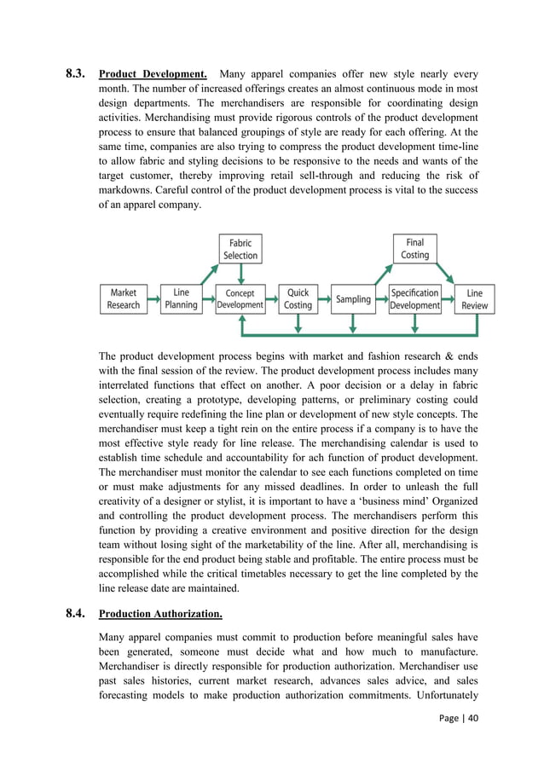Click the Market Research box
[x=124, y=298]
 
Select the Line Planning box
[x=181, y=298]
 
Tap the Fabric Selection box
[x=240, y=249]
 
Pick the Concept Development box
[x=240, y=298]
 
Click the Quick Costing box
[x=298, y=298]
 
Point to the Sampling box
[x=353, y=299]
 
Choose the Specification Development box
[x=415, y=298]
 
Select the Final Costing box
[x=415, y=249]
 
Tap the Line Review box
[x=475, y=298]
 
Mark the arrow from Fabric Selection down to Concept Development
[x=241, y=274]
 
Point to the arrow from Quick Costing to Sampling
[x=322, y=298]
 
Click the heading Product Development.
[x=153, y=74]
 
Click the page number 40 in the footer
[x=470, y=740]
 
